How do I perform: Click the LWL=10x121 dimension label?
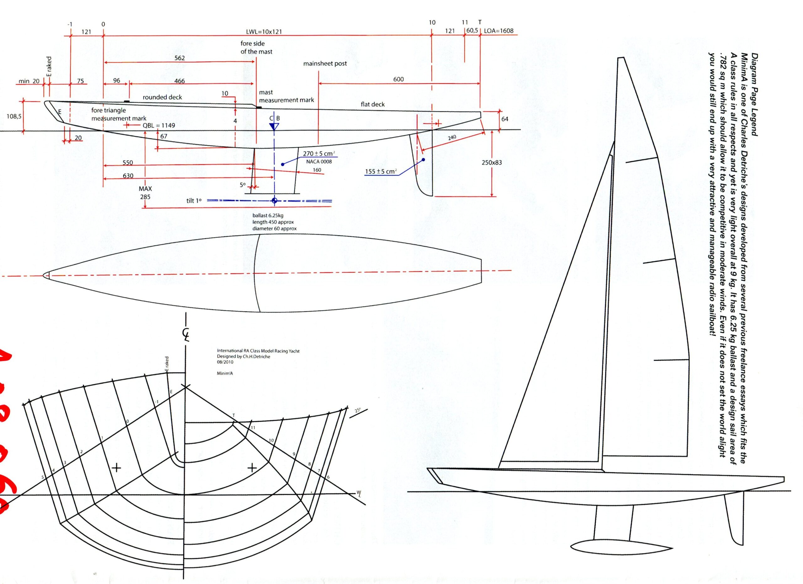click(x=264, y=31)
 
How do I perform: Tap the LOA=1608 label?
click(x=498, y=31)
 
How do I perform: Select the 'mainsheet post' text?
click(x=325, y=64)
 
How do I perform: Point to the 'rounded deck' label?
click(x=162, y=97)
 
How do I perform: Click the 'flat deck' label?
click(x=372, y=104)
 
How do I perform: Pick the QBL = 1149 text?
click(x=159, y=126)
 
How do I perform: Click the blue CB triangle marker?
click(x=274, y=127)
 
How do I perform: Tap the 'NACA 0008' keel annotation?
click(x=319, y=162)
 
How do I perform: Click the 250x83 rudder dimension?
click(x=492, y=163)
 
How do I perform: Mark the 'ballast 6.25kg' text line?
click(x=268, y=215)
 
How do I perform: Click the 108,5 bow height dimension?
click(x=14, y=116)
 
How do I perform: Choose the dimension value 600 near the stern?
click(x=398, y=79)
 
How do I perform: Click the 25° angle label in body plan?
click(x=358, y=411)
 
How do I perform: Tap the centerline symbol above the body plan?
click(x=185, y=334)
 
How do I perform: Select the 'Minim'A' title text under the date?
click(x=225, y=373)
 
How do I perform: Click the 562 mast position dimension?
click(x=179, y=58)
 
